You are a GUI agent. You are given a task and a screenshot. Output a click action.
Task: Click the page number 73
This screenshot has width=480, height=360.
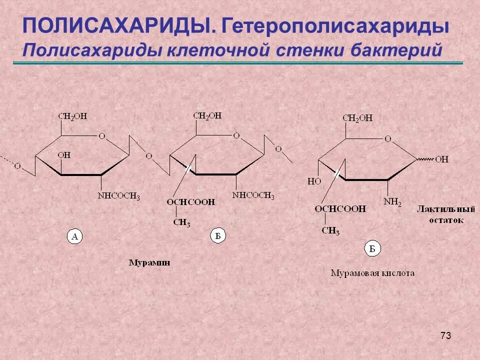point(446,335)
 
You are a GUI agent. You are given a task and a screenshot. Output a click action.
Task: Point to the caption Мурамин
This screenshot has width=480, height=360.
point(149,262)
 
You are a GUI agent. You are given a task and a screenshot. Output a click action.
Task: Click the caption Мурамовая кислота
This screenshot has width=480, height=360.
point(372,273)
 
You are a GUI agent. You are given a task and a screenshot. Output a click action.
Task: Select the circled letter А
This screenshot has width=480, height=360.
point(74,237)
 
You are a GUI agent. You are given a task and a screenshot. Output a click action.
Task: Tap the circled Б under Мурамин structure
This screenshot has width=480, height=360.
point(217,236)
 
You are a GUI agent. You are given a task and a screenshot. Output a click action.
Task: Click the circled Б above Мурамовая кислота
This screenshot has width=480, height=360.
point(372,248)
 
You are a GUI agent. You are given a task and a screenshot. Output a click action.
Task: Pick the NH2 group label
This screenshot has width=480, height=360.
point(392,202)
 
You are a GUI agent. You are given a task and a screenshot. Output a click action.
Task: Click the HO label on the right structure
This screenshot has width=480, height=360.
point(314,181)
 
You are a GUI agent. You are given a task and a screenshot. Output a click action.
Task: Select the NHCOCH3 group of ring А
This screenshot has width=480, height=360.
point(118,196)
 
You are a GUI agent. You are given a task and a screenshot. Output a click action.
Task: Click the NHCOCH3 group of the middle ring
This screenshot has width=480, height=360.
point(253,195)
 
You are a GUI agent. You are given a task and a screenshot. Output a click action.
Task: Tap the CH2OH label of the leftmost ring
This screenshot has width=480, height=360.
point(72,116)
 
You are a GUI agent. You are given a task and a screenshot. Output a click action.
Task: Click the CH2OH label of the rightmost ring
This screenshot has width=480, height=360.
point(357,118)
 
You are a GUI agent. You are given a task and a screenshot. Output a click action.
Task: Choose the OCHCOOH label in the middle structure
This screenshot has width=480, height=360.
point(191,202)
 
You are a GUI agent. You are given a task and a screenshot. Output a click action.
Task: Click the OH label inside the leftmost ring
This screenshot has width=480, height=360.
point(64,155)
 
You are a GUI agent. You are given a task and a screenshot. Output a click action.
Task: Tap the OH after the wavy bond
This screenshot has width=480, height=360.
point(441,159)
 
